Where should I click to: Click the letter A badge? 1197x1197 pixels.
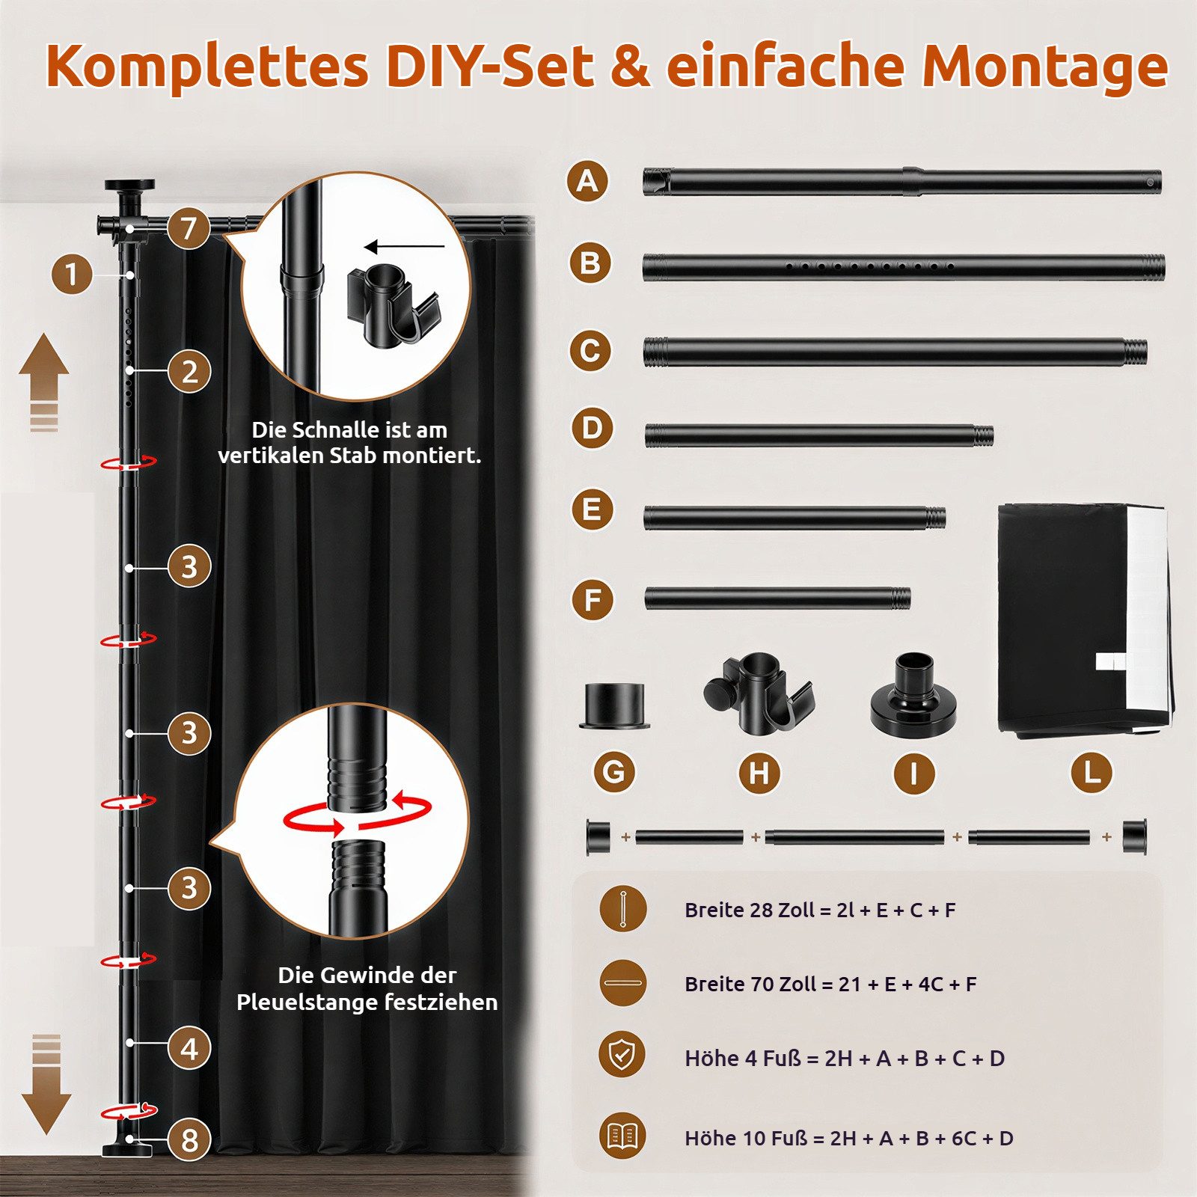click(587, 181)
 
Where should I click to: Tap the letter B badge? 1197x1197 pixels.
click(590, 263)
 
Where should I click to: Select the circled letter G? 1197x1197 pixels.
click(614, 772)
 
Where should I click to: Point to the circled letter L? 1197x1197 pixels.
click(1092, 772)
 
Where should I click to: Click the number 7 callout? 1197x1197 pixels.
click(188, 228)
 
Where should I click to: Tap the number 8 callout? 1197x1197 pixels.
click(189, 1140)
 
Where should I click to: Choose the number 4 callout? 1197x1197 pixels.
click(189, 1048)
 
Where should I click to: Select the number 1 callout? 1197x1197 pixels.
click(72, 274)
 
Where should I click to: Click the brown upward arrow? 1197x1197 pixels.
click(44, 382)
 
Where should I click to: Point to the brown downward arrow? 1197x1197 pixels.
click(46, 1084)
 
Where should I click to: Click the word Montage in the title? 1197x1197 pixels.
click(1044, 67)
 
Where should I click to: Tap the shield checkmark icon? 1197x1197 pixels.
click(622, 1055)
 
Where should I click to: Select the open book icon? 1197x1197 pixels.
click(622, 1136)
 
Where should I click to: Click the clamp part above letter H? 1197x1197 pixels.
click(759, 693)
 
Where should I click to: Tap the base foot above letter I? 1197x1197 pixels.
click(913, 696)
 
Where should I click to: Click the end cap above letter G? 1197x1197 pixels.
click(614, 705)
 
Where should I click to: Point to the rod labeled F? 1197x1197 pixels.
click(777, 598)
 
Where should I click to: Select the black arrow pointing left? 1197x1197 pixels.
click(404, 246)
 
